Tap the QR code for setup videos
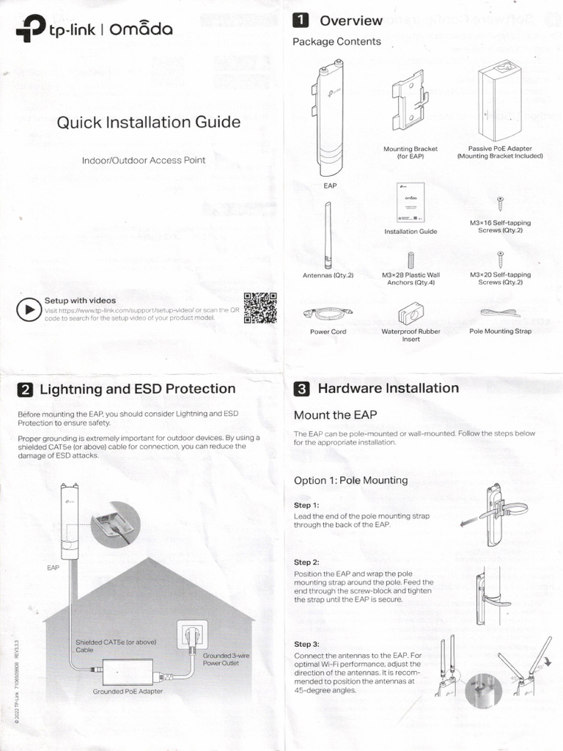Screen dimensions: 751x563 coord(260,308)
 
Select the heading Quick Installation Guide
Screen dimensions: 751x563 coord(149,122)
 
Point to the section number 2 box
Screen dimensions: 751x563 coord(25,389)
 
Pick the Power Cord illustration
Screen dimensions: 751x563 coord(328,313)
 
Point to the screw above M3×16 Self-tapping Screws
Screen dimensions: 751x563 coord(500,203)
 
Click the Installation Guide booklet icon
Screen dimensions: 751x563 coord(410,202)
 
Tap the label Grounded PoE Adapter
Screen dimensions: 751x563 coord(128,692)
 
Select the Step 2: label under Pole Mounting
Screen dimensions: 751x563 coord(306,562)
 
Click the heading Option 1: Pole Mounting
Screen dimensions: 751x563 coord(350,480)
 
